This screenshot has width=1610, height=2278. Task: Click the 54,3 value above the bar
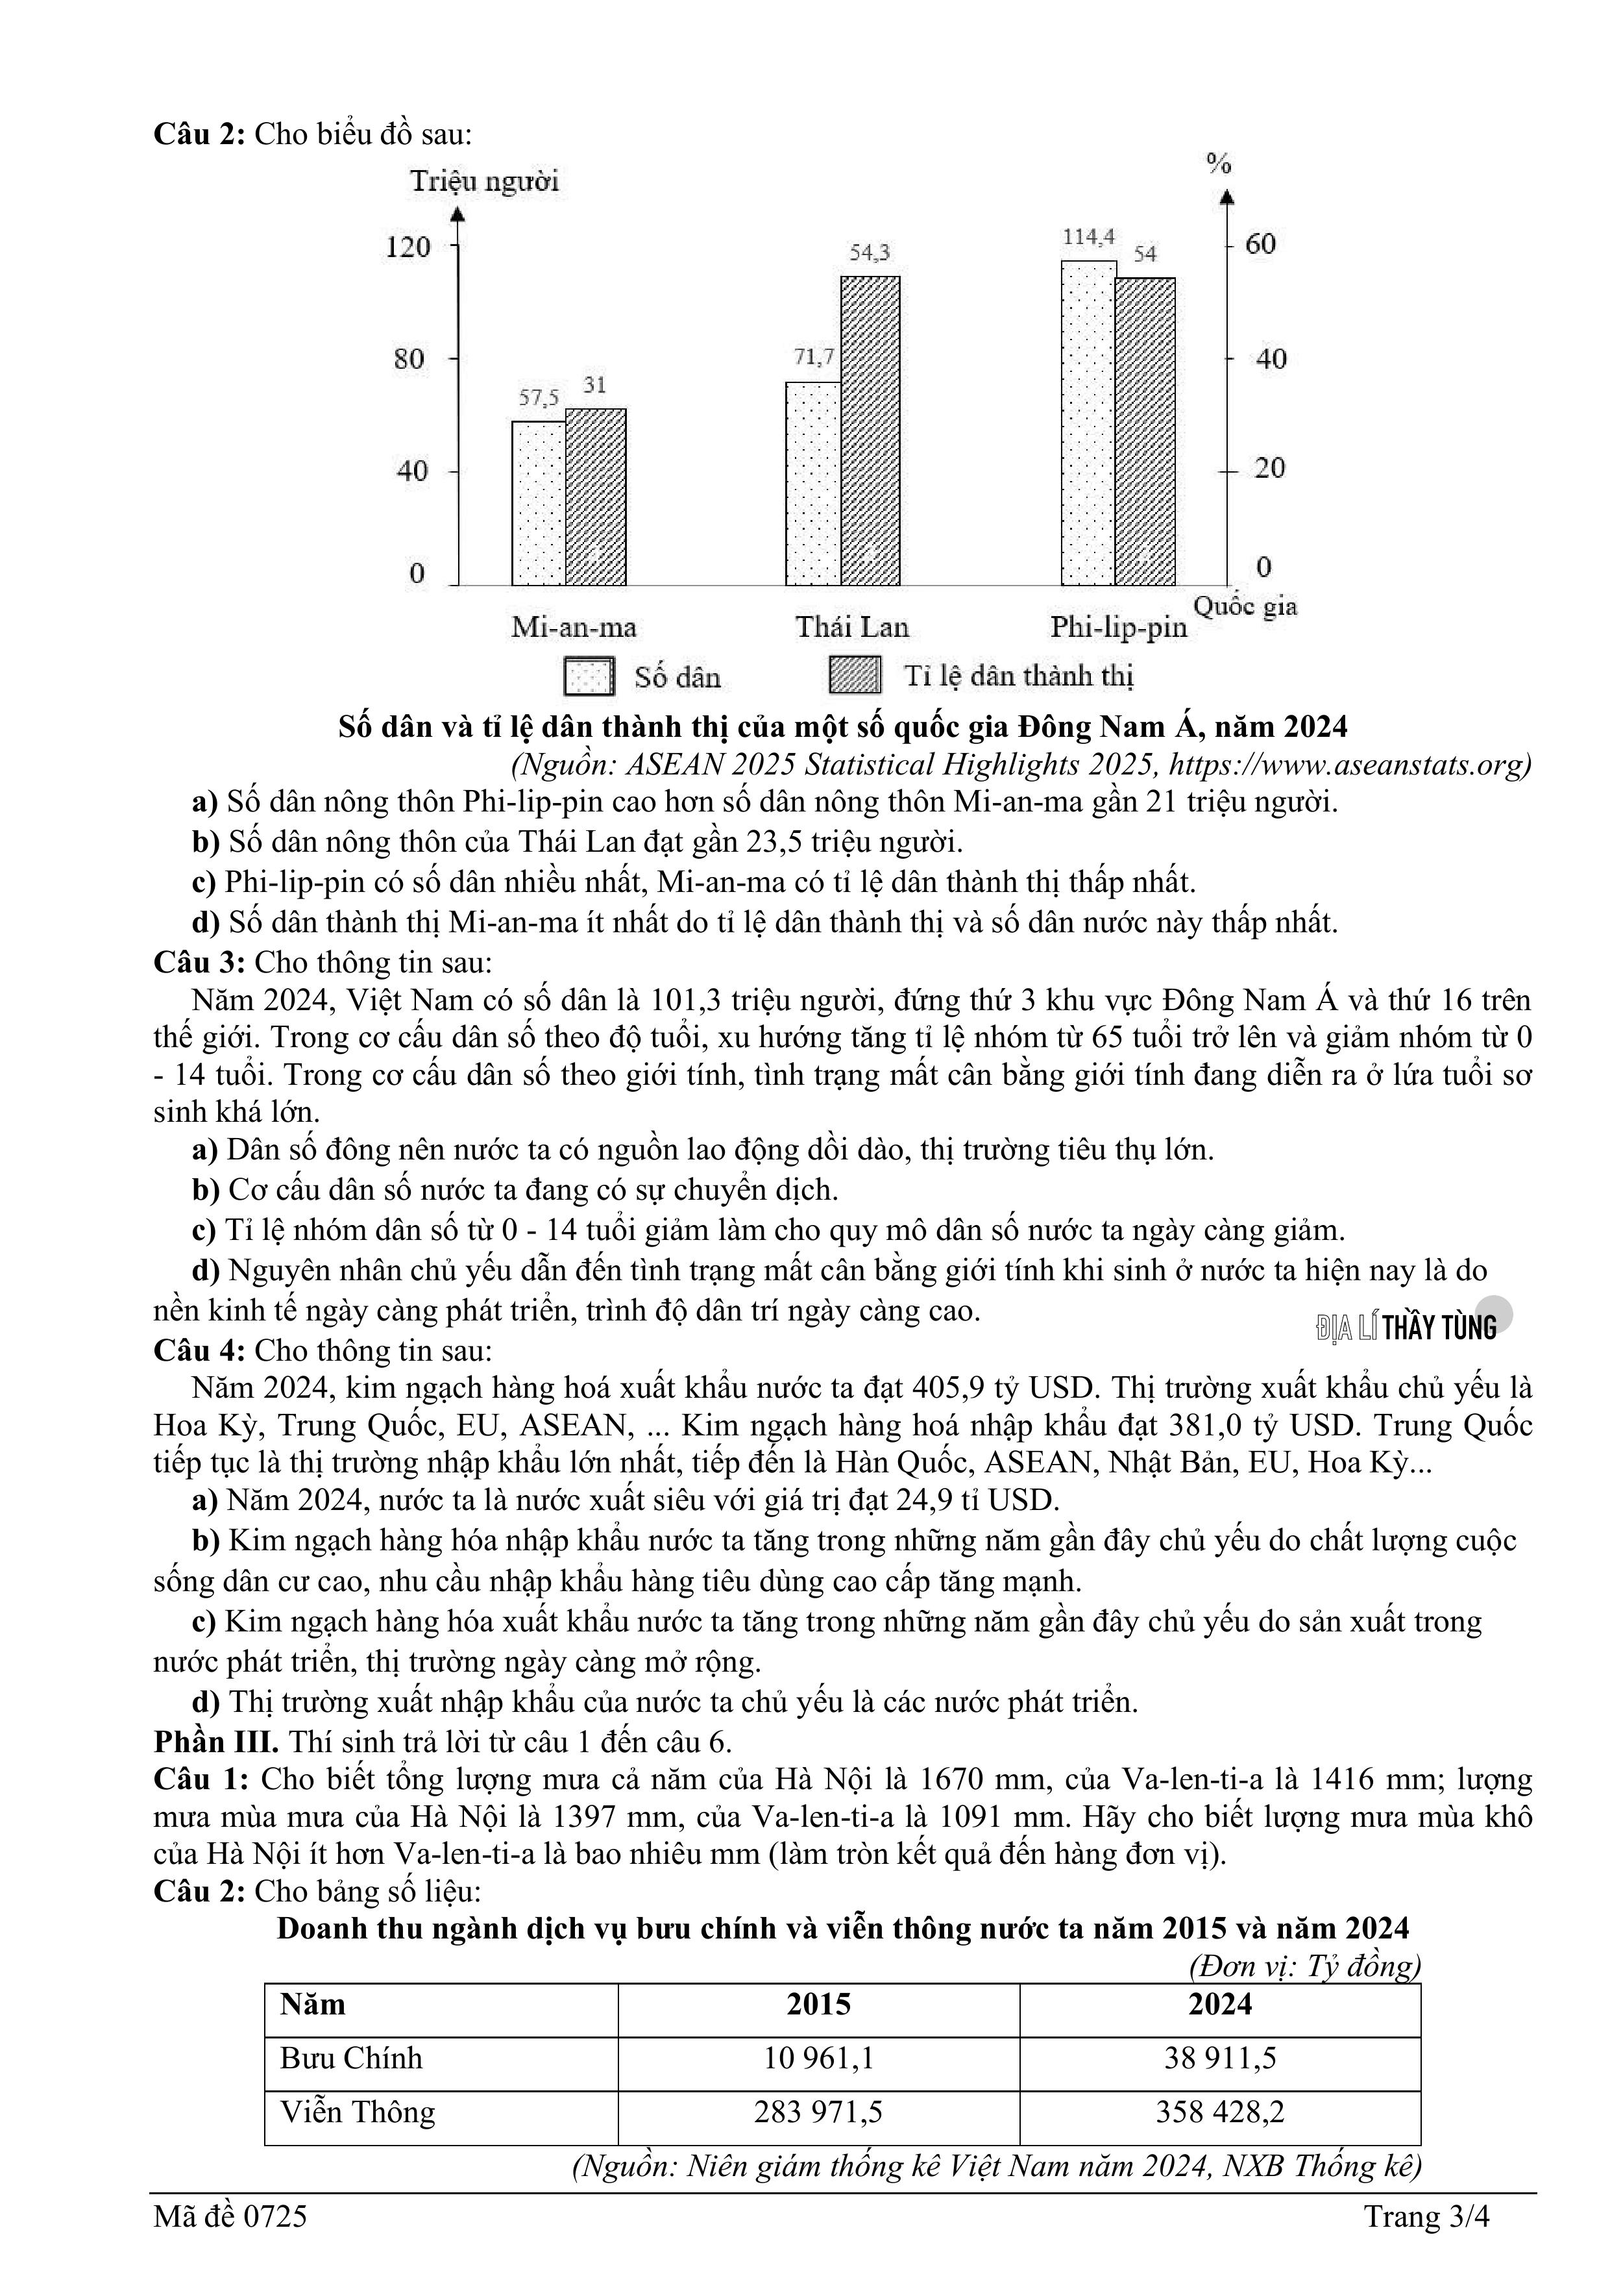click(x=870, y=253)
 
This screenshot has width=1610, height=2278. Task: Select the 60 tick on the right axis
click(x=1260, y=244)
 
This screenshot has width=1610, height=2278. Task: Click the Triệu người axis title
click(x=484, y=182)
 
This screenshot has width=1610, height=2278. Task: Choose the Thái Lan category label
click(x=851, y=627)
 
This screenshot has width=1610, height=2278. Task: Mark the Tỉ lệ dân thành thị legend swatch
click(x=854, y=676)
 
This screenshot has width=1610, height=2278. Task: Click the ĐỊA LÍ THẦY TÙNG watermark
click(x=1407, y=1328)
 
